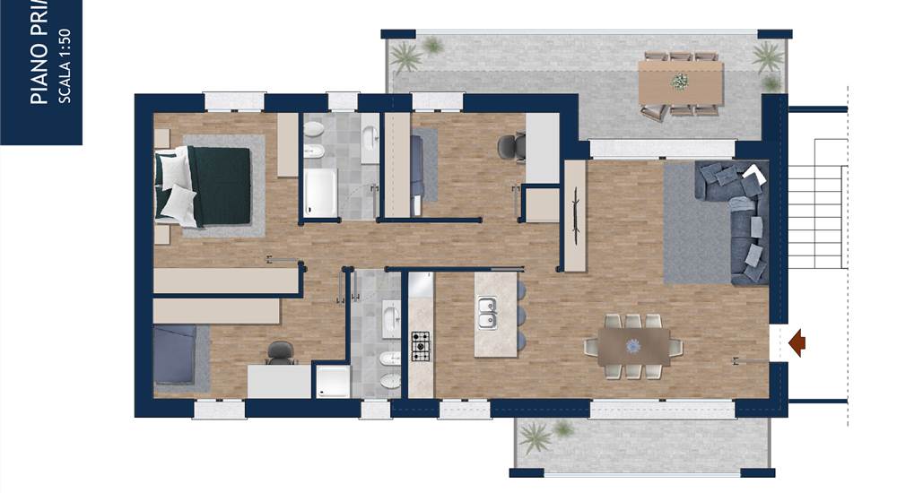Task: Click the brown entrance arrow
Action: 797,342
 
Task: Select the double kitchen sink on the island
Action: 488,314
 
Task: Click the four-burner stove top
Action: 421,345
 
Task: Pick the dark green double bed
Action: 212,186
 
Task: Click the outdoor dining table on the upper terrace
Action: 681,82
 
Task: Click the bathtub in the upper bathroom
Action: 319,193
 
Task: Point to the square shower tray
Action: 332,381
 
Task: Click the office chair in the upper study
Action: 509,144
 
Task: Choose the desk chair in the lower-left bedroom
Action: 280,353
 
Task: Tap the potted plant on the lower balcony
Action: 537,437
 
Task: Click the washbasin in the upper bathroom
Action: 370,139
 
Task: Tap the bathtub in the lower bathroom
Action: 391,319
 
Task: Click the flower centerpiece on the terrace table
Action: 680,82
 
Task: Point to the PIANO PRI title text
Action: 39,54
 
